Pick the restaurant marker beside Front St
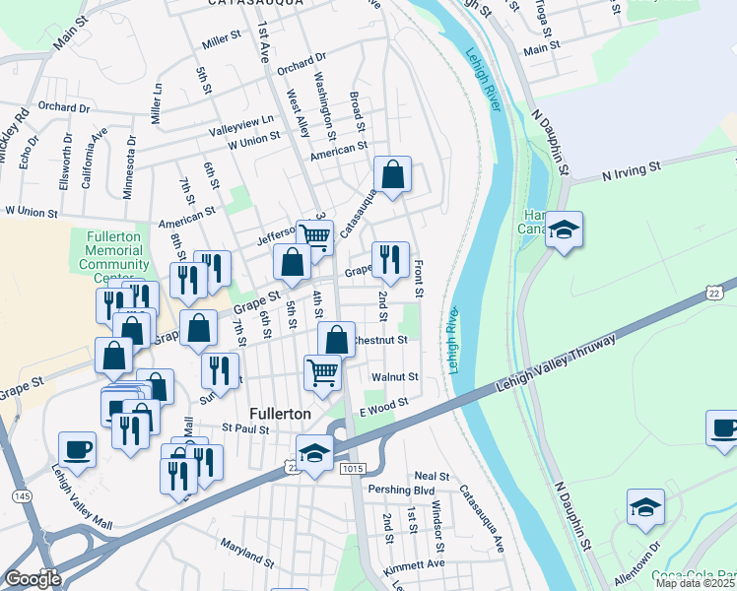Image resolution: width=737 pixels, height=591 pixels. tap(390, 260)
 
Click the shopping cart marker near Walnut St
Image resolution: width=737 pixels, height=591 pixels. tap(323, 372)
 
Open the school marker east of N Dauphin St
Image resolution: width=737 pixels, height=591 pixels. tap(564, 230)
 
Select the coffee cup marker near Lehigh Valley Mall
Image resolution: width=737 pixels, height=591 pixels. tap(77, 449)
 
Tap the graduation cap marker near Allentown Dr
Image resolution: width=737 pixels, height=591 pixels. tap(645, 507)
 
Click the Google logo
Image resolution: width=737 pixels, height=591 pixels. tap(33, 579)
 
